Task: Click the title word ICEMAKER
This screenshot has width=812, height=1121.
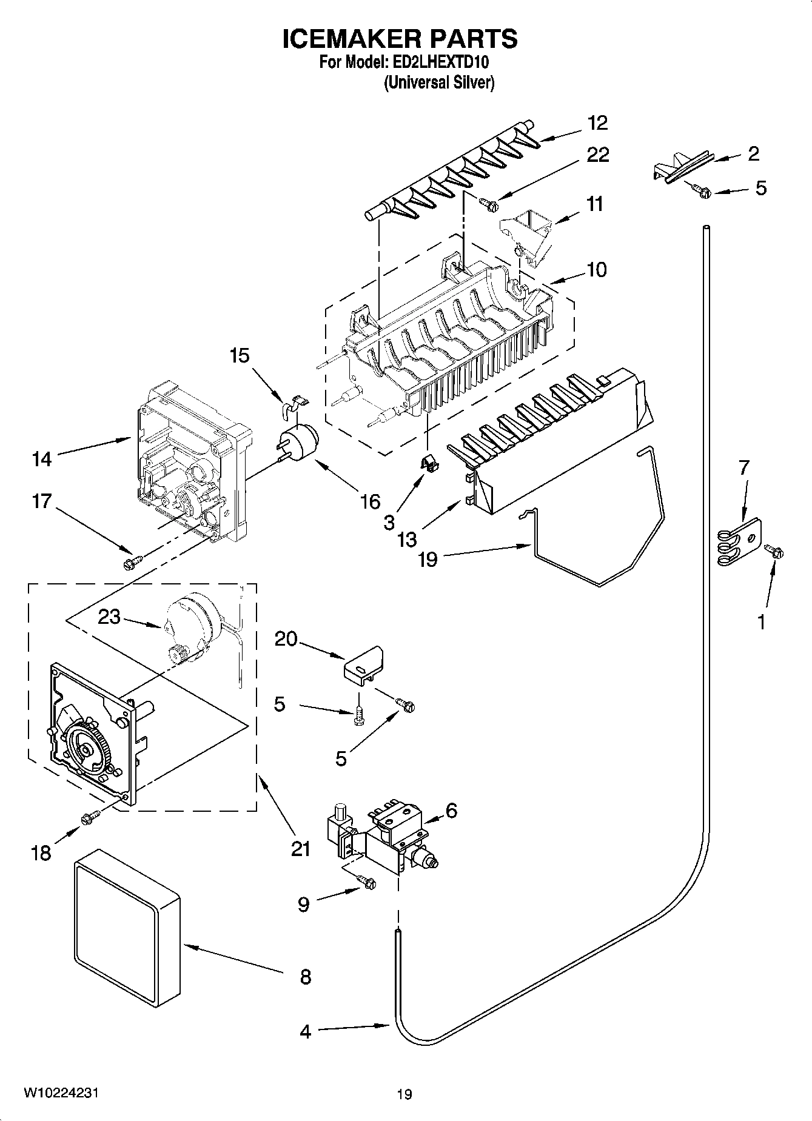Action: (x=346, y=39)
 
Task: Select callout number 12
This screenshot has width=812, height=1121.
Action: (x=597, y=122)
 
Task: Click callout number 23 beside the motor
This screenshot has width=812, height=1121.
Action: (x=110, y=617)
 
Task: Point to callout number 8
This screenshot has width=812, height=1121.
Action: (x=305, y=977)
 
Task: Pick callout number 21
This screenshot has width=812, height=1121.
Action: (x=301, y=849)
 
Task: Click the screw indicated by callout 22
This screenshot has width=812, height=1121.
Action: (x=489, y=204)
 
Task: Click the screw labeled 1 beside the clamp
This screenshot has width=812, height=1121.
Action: (x=774, y=551)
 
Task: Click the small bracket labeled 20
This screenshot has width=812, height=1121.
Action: (x=364, y=666)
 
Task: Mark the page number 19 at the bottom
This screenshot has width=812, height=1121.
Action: (x=404, y=1094)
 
